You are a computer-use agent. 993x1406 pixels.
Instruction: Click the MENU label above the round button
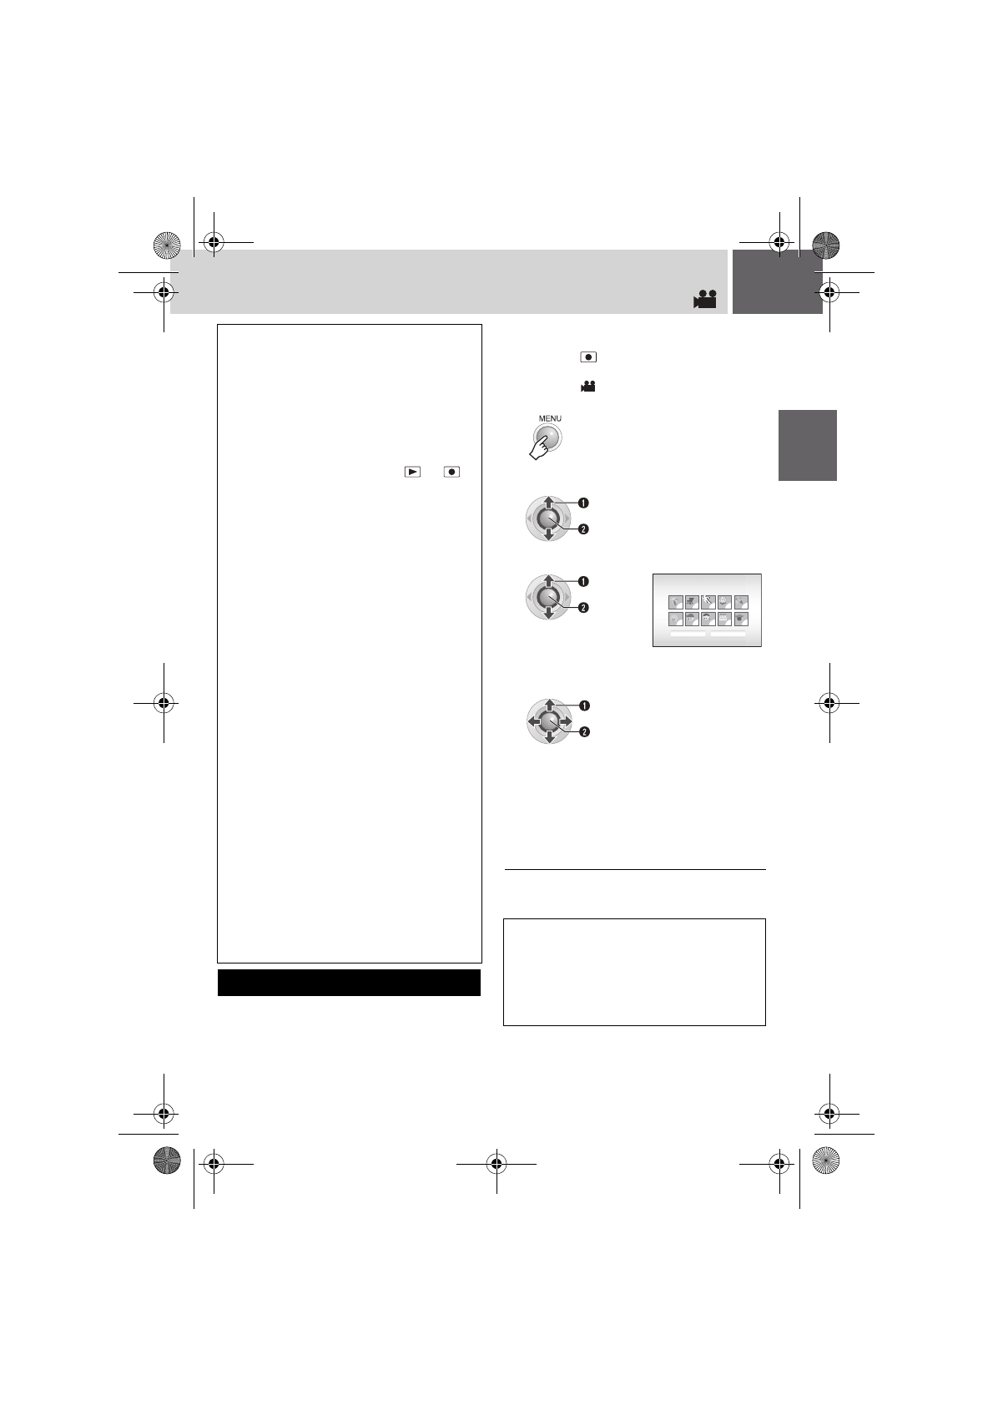[549, 418]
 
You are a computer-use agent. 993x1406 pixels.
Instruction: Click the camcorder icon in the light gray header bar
[705, 300]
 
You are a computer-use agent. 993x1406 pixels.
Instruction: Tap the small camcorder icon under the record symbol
[589, 387]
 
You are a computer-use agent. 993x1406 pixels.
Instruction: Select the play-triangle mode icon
[412, 472]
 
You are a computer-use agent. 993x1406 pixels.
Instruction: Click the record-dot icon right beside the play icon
[452, 472]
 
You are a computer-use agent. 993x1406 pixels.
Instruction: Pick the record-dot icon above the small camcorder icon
[589, 357]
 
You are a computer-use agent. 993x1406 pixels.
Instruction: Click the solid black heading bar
[349, 982]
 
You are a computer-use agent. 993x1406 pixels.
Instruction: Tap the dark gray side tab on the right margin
[807, 445]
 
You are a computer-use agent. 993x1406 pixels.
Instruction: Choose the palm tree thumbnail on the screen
[676, 602]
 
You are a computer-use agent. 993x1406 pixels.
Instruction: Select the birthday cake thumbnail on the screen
[724, 619]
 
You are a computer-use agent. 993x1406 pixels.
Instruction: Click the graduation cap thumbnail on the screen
[741, 619]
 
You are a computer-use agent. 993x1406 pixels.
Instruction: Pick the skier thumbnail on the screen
[708, 602]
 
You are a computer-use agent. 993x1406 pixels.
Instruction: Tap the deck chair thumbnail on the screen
[692, 602]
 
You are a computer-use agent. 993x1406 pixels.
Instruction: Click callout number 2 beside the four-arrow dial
[584, 732]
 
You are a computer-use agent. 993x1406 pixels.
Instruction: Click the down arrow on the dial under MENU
[547, 535]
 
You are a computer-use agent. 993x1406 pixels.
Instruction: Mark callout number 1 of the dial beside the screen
[584, 580]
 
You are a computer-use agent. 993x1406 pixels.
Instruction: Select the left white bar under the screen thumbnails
[688, 634]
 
